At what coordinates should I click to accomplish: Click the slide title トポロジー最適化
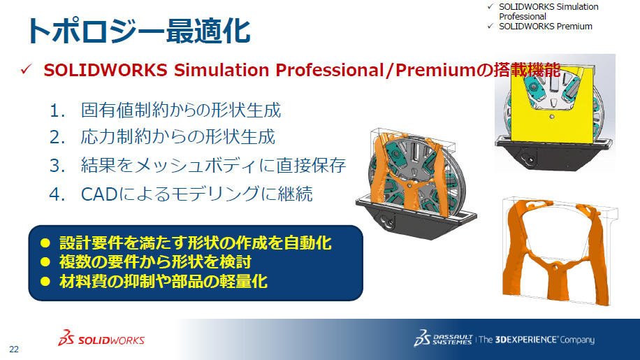click(138, 31)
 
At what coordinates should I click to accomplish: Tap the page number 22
click(14, 350)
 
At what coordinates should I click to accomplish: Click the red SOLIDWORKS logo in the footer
click(101, 338)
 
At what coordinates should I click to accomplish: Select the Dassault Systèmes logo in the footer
click(443, 338)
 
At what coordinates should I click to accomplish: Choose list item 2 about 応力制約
click(163, 137)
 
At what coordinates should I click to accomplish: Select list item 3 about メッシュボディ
click(198, 165)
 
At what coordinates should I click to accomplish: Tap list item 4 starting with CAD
click(181, 194)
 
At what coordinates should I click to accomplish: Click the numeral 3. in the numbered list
click(57, 166)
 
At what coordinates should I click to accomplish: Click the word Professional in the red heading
click(329, 70)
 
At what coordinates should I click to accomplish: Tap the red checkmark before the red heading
click(26, 69)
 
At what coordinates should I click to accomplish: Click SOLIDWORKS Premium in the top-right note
click(545, 26)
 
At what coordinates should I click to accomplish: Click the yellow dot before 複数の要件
click(45, 261)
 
